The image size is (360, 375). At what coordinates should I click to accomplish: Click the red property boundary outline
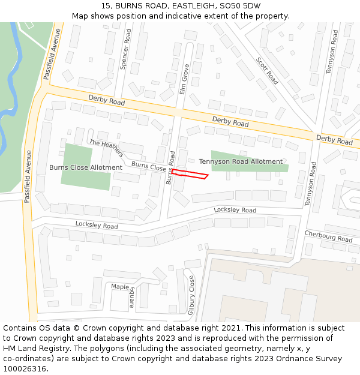click(190, 174)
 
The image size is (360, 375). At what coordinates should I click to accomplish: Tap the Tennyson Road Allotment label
click(241, 161)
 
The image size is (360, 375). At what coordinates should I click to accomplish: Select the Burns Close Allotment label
click(86, 167)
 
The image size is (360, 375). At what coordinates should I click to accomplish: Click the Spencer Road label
click(125, 50)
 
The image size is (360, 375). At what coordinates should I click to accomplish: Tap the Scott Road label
click(267, 70)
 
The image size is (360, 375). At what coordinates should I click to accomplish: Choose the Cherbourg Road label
click(328, 236)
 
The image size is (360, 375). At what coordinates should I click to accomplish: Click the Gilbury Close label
click(191, 295)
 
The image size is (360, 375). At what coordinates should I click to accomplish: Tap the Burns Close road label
click(148, 167)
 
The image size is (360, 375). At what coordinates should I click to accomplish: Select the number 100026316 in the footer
click(25, 369)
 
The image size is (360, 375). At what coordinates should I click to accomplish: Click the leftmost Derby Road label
click(106, 100)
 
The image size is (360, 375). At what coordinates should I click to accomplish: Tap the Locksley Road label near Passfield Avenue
click(97, 225)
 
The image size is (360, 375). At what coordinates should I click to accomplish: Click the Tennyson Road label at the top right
click(332, 52)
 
